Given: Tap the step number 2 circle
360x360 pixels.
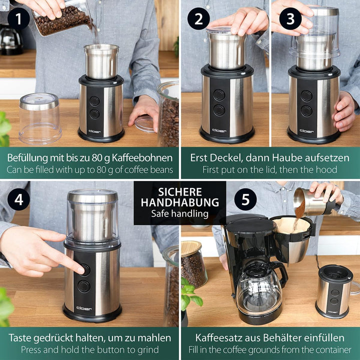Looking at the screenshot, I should (x=198, y=19).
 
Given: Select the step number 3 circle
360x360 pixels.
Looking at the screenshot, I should (x=291, y=19).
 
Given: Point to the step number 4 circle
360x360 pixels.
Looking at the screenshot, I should (x=18, y=200).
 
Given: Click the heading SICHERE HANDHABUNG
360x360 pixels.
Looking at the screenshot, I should (x=180, y=197).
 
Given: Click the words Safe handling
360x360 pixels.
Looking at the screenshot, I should (x=180, y=213).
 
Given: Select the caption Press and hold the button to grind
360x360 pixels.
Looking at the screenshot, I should (x=90, y=350).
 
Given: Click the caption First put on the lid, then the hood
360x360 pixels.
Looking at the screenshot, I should (x=269, y=170).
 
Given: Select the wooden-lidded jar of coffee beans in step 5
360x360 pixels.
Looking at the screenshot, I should (x=193, y=265).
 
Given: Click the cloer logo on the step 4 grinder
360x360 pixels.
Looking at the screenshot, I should (x=84, y=308).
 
